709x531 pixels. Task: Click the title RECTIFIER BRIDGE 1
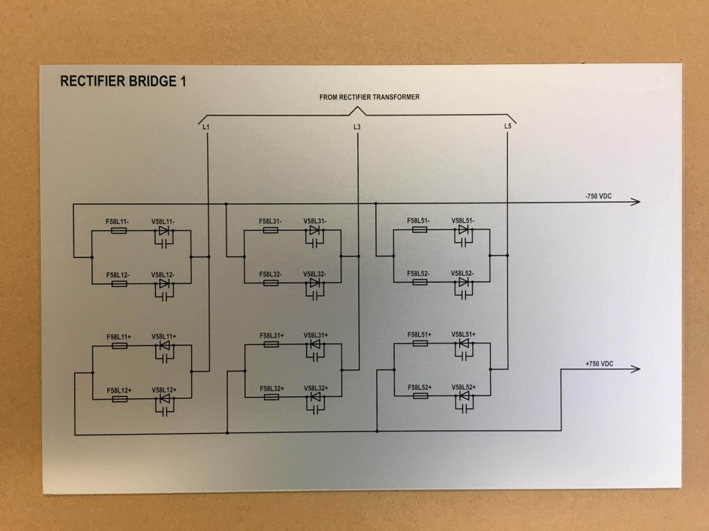(x=123, y=81)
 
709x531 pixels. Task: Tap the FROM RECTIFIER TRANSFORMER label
(x=369, y=97)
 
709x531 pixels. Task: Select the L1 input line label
(x=206, y=127)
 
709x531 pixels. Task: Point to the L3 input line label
(x=357, y=127)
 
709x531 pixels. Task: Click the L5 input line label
(x=508, y=127)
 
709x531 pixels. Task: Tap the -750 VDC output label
(x=598, y=196)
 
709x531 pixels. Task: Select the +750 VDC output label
(x=599, y=364)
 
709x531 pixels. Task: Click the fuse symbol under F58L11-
(x=119, y=231)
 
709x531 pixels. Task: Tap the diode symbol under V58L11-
(x=164, y=231)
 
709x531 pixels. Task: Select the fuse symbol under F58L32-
(x=271, y=283)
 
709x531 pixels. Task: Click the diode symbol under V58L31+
(x=316, y=344)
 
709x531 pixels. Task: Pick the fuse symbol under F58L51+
(x=420, y=343)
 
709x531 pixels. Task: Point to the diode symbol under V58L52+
(x=465, y=396)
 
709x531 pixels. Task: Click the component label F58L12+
(x=119, y=391)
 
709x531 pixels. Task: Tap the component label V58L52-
(x=463, y=273)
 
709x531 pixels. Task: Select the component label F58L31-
(x=271, y=221)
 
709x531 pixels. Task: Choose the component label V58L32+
(x=316, y=388)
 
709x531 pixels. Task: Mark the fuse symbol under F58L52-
(x=420, y=282)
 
